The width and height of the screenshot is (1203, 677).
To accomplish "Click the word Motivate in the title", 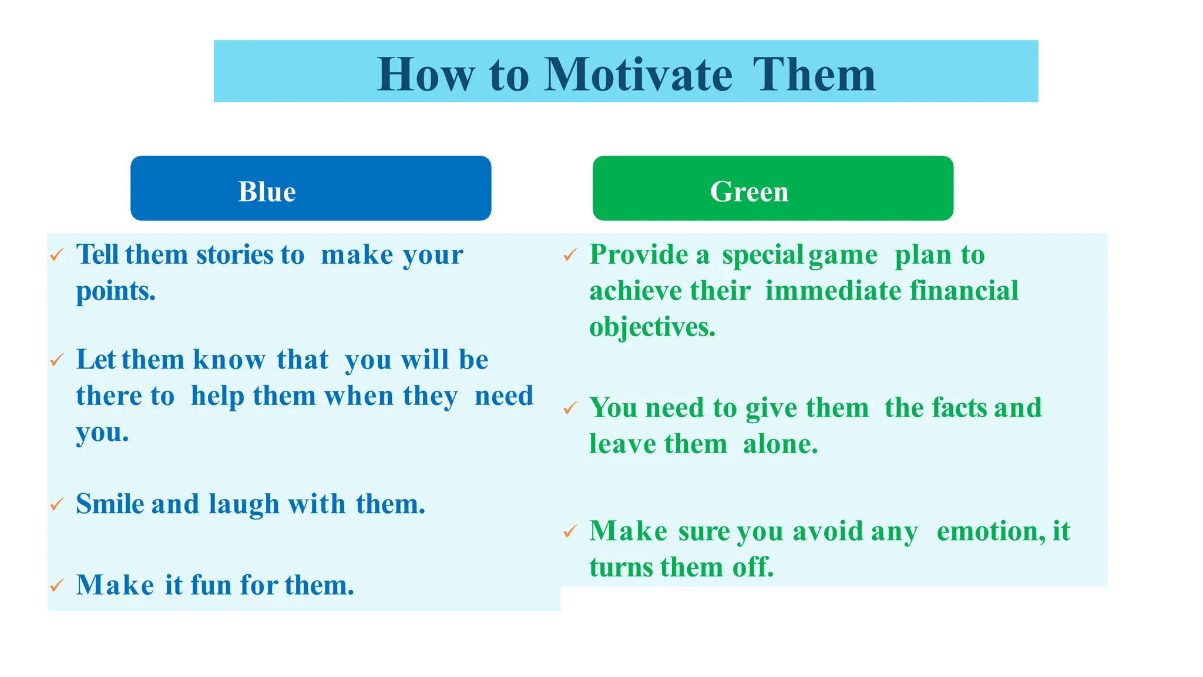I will click(x=638, y=75).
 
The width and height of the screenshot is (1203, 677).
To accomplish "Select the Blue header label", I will click(x=267, y=192).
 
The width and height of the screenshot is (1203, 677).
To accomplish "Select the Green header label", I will click(x=749, y=192).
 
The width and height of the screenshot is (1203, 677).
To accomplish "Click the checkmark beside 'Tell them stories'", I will click(x=57, y=255).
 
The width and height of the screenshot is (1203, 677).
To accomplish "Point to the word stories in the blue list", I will click(x=234, y=255).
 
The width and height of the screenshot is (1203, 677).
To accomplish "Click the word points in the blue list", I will click(x=116, y=291).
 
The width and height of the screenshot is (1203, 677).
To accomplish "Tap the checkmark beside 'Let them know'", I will click(x=57, y=360).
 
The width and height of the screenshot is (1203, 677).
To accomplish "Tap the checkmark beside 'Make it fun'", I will click(x=57, y=585).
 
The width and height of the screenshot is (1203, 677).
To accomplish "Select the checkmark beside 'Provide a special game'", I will click(x=570, y=255).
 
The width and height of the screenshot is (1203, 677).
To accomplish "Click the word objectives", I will click(x=652, y=328).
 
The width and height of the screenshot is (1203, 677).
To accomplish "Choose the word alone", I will click(x=780, y=444).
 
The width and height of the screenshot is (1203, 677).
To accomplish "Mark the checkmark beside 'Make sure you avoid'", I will click(x=570, y=531).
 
